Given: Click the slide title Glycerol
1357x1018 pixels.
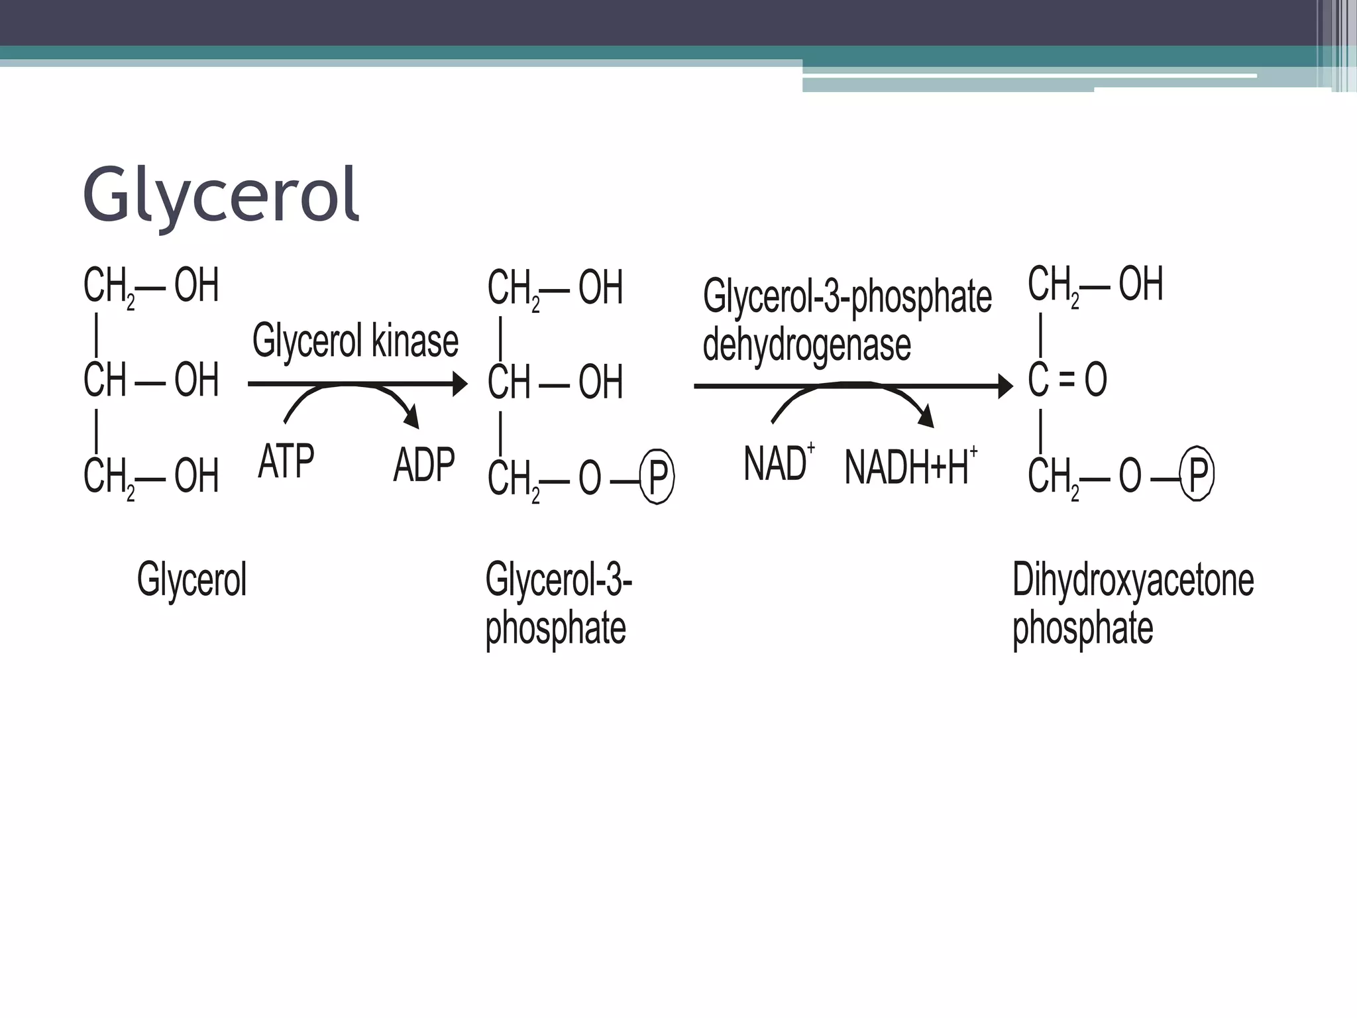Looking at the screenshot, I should coord(221,196).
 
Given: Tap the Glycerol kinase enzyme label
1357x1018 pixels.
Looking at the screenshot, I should coord(355,341).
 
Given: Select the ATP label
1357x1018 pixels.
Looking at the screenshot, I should coord(286,461).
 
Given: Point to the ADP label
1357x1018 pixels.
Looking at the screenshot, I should coord(424,465).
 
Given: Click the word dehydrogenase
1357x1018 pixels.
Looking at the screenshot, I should coord(806,345).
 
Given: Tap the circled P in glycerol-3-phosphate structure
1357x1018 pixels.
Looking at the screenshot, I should coord(657,477).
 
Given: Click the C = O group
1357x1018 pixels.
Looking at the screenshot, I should coord(1067,380).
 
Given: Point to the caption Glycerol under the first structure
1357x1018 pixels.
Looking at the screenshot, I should coord(191,580).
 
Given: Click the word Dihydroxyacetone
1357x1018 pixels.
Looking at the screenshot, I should coord(1132,581).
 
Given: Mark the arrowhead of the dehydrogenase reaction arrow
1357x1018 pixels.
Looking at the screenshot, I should coord(1006,386).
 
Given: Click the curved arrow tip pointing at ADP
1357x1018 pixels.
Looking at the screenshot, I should coord(413,418).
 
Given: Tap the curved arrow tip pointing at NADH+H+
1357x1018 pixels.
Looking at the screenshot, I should coord(927,418).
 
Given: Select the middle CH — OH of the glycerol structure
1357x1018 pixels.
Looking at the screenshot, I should coord(151,380).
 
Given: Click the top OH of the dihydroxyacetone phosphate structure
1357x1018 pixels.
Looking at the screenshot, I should coord(1140,284).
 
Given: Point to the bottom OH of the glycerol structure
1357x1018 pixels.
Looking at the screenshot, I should coord(196,476).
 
